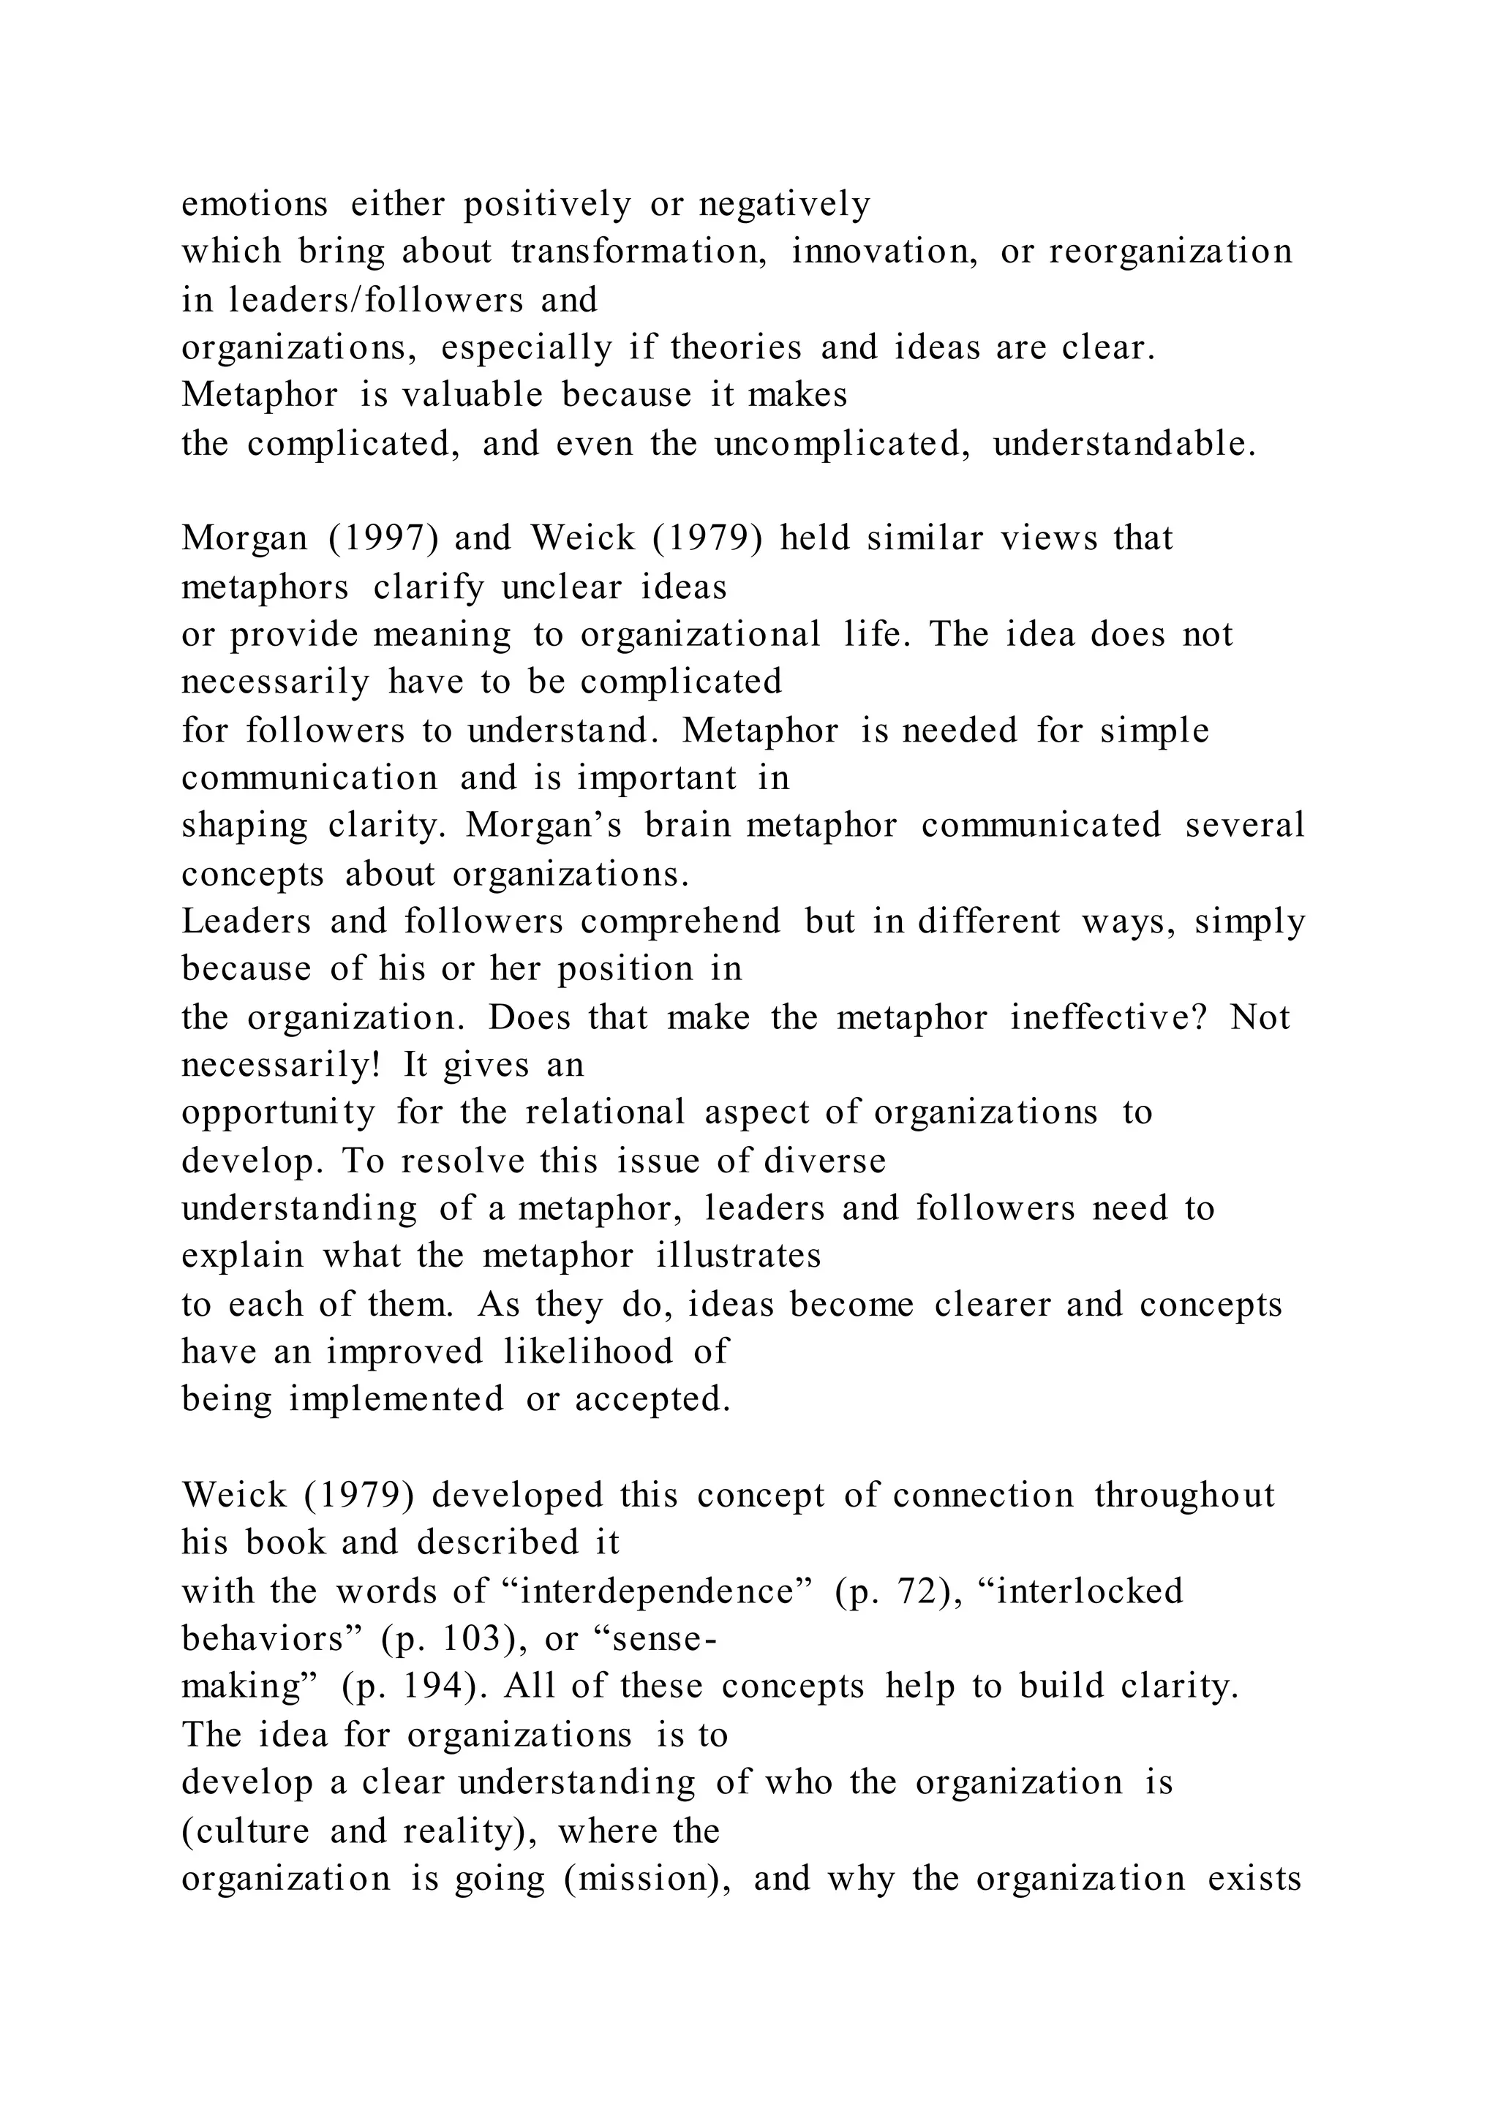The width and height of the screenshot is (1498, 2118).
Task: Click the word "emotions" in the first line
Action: click(254, 204)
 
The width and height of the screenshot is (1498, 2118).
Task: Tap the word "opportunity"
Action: click(279, 1112)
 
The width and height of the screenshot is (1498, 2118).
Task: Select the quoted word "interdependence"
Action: click(658, 1591)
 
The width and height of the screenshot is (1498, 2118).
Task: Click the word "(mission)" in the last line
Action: click(649, 1878)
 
